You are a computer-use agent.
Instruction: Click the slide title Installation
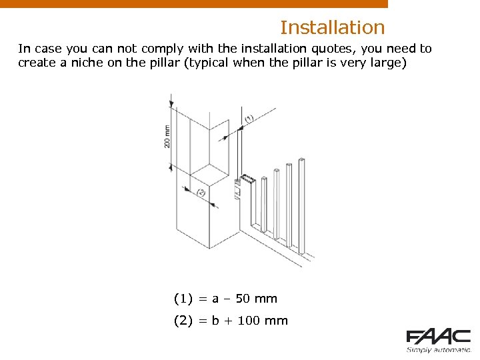point(332,27)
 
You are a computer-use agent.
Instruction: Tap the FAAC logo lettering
point(439,337)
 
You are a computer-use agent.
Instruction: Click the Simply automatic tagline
point(439,349)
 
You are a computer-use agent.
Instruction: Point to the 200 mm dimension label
point(167,136)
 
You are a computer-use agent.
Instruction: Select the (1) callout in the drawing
point(249,119)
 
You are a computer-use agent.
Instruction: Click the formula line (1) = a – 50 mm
point(225,299)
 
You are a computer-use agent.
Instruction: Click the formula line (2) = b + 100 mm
point(231,321)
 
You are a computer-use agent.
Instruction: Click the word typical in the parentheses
point(207,63)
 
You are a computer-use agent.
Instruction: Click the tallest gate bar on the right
point(302,207)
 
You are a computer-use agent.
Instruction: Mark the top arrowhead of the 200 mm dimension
point(171,103)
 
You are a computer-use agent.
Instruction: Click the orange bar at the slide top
point(193,3)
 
